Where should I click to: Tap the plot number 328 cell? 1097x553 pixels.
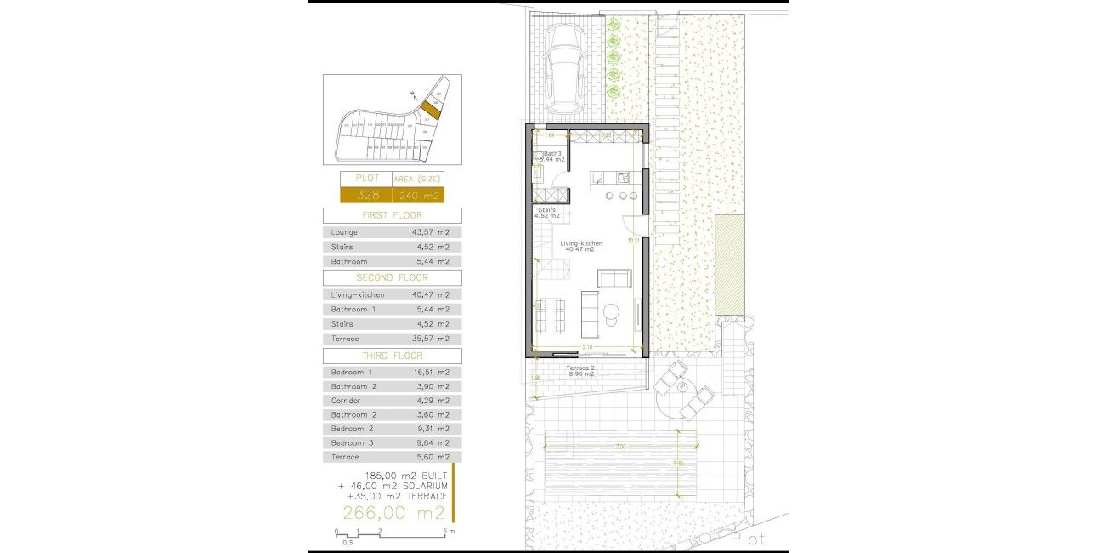365,196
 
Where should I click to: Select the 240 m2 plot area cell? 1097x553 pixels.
418,196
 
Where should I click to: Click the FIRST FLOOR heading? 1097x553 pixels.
393,215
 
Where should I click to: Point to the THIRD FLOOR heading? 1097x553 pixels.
393,356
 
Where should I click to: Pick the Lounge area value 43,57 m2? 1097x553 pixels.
429,232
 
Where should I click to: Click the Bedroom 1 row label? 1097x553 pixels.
352,372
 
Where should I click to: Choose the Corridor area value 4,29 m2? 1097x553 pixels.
429,400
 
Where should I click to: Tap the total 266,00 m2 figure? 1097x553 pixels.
393,512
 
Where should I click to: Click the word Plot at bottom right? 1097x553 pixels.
748,539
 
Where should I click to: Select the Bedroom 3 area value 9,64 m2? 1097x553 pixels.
429,442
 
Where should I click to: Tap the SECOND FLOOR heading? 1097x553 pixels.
393,277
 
